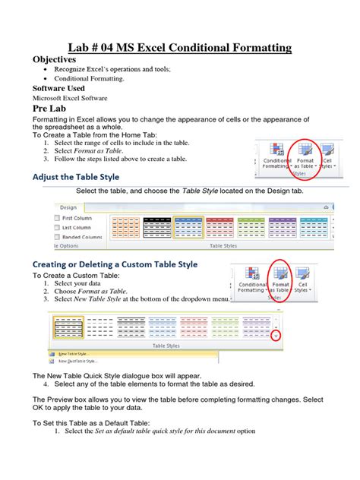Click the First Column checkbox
[x=58, y=217]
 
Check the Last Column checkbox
[x=58, y=227]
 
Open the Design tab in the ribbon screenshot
[x=68, y=206]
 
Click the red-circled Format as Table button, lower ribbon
[x=280, y=279]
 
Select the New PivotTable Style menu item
[x=73, y=362]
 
